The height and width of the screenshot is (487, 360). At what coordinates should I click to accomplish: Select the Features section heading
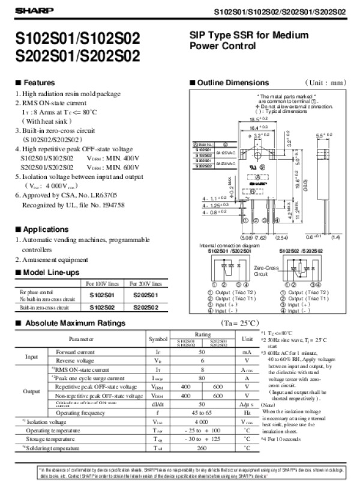point(39,82)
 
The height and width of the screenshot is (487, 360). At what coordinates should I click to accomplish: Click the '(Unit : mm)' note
point(326,82)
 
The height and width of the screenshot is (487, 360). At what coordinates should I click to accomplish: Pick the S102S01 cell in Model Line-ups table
point(106,295)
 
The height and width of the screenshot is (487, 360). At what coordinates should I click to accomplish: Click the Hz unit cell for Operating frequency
point(247,413)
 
